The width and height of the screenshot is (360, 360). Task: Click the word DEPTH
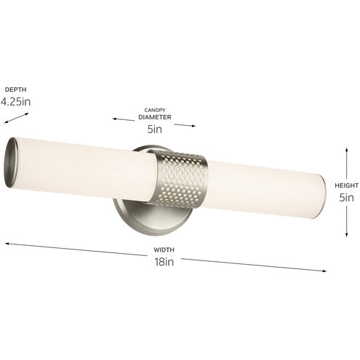tap(16, 89)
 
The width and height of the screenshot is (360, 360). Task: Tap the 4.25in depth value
tap(16, 102)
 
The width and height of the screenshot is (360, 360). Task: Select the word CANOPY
tap(155, 110)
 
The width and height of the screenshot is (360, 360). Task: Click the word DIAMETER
tap(155, 117)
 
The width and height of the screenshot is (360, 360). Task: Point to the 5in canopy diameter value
tap(155, 129)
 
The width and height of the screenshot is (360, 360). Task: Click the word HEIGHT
tap(347, 185)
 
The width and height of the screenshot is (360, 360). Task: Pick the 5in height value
tap(346, 198)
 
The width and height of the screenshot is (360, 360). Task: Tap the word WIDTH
tap(164, 249)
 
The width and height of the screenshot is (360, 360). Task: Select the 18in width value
tap(164, 262)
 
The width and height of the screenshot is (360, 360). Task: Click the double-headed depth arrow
tap(17, 118)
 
